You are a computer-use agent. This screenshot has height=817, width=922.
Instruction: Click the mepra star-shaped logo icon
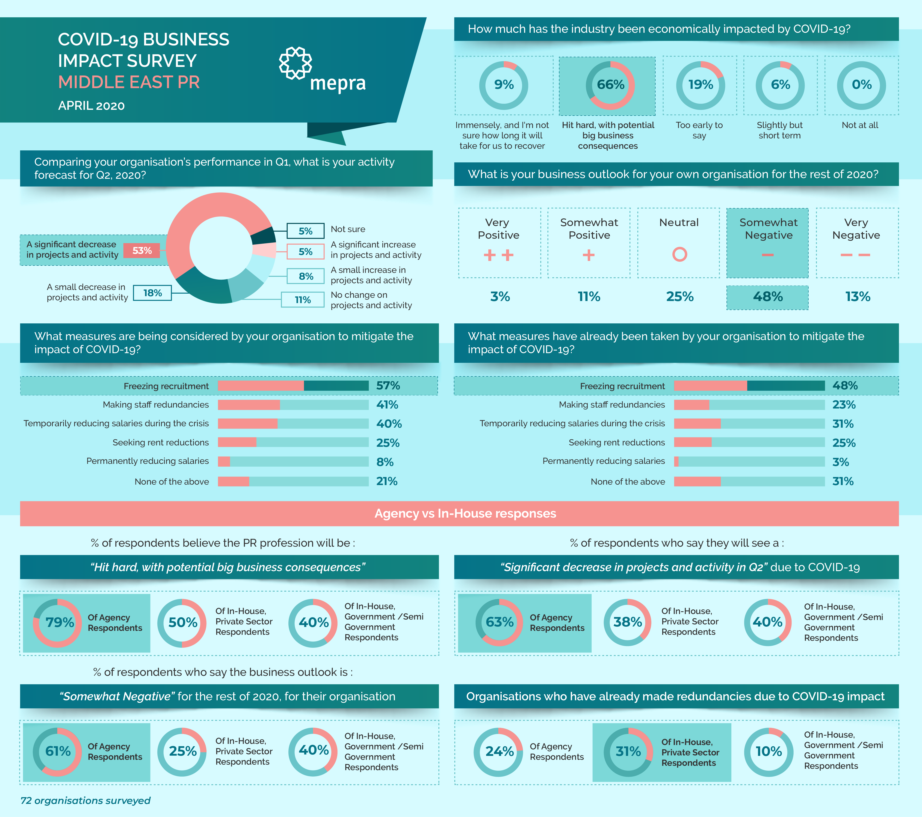click(x=295, y=63)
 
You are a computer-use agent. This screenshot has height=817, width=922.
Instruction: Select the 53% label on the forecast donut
click(x=142, y=250)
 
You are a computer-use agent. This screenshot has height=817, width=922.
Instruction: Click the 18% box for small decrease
click(x=152, y=293)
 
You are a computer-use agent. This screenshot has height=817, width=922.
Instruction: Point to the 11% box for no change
click(x=303, y=300)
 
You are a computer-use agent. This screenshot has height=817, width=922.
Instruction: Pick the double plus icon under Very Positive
click(x=498, y=255)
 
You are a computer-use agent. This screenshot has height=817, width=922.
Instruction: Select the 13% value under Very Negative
click(x=857, y=297)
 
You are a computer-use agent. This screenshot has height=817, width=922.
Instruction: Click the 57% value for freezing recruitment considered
click(x=388, y=385)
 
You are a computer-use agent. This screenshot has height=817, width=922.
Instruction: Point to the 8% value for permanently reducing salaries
click(x=385, y=462)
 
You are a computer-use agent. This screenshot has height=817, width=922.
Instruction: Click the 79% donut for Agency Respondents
click(x=58, y=623)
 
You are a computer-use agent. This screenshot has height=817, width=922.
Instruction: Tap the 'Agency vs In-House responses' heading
click(x=465, y=514)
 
